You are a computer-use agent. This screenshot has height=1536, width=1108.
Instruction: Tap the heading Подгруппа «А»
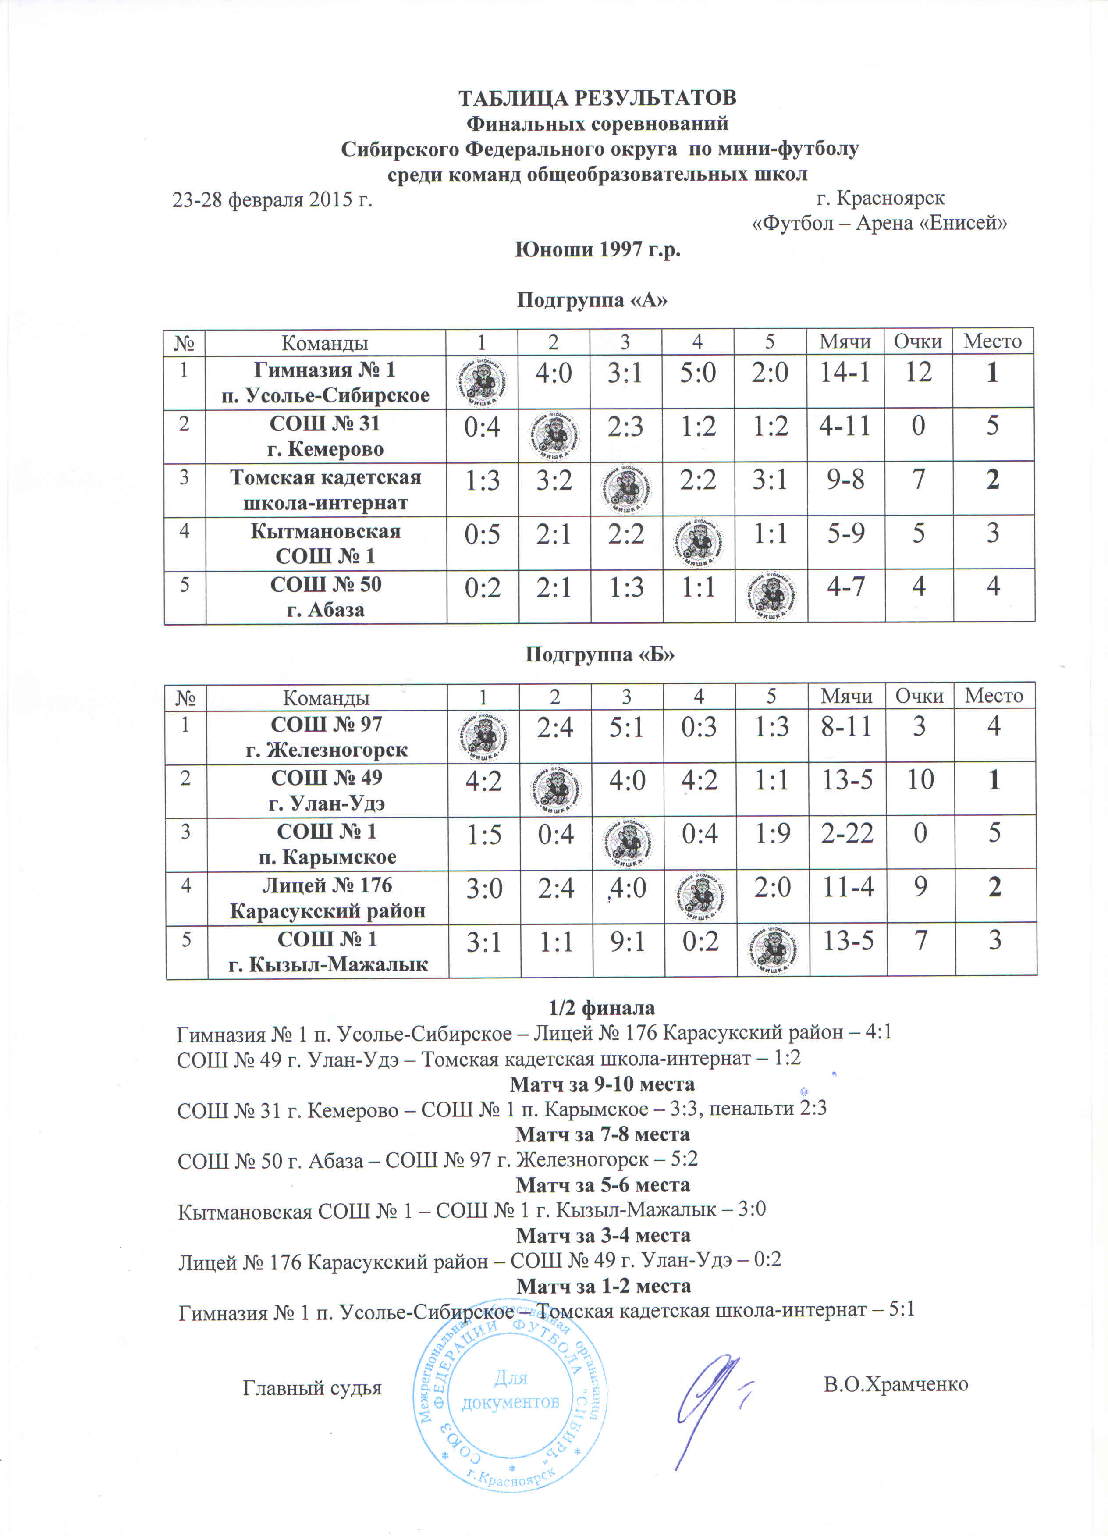(592, 300)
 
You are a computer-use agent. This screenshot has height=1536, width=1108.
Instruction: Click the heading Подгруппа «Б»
(600, 655)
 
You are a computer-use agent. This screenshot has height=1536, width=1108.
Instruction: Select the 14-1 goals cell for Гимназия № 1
(845, 373)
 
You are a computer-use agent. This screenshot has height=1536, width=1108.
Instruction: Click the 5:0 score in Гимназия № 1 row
(698, 373)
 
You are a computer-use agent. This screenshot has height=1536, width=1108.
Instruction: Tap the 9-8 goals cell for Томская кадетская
(845, 481)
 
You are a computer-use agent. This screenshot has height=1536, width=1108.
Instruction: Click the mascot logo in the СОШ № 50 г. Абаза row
(771, 596)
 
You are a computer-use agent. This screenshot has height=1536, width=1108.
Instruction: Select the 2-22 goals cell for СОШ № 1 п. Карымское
(847, 832)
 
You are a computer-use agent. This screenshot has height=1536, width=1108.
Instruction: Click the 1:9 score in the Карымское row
(772, 833)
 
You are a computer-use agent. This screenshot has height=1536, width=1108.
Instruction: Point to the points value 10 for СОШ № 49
(920, 780)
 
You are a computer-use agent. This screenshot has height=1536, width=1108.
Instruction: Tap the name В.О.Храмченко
(895, 1384)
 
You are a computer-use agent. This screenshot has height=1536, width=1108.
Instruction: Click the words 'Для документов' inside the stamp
(511, 1389)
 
